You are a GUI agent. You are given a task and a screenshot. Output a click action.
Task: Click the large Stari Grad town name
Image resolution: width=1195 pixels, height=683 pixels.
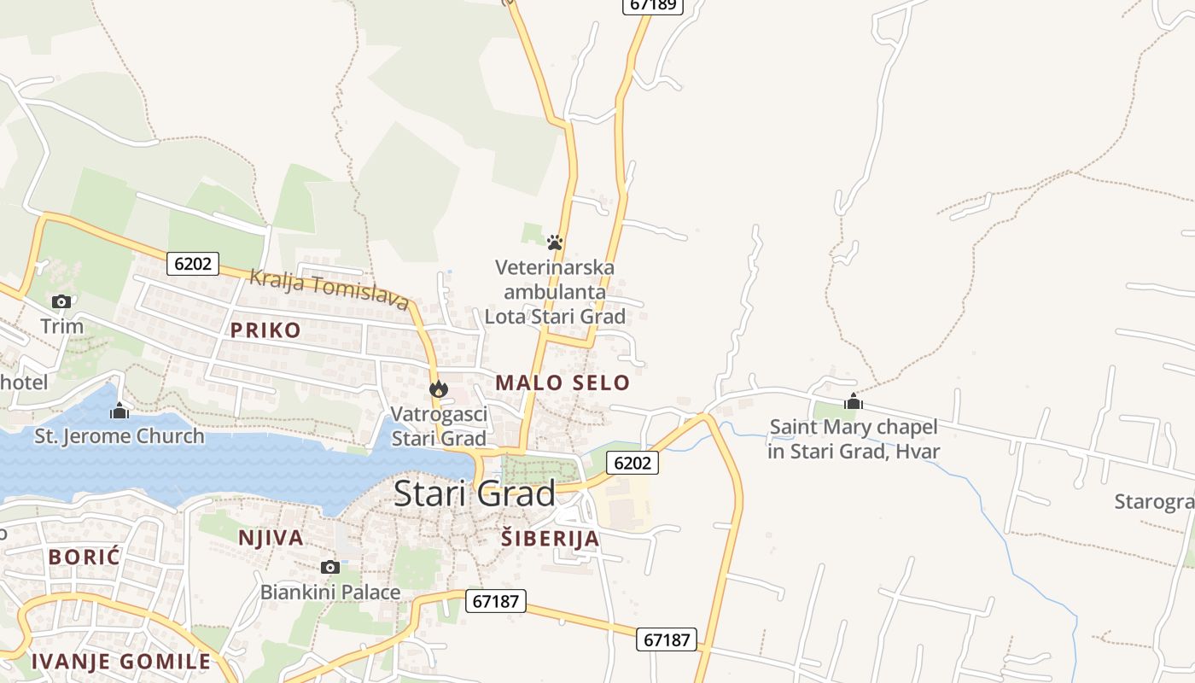475,493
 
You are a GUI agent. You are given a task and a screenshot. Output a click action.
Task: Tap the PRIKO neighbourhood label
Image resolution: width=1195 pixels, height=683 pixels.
265,330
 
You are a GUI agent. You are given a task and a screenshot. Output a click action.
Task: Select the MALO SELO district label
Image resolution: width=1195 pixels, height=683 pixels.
563,382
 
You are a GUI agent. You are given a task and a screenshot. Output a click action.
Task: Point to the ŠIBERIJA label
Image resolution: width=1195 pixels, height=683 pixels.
550,539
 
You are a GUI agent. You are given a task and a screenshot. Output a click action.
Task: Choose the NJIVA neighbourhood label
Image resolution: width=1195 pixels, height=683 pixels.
271,538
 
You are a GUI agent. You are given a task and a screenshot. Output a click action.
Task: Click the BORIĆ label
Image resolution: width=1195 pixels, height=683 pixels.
85,557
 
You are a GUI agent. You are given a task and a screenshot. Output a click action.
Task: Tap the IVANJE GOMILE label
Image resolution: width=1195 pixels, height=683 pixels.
120,661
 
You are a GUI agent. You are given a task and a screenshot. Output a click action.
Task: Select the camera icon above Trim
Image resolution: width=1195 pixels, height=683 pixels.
61,301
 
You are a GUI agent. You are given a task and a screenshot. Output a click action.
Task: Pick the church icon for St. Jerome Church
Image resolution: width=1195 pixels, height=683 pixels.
119,412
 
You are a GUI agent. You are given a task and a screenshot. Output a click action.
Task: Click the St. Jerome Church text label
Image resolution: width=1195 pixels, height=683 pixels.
119,436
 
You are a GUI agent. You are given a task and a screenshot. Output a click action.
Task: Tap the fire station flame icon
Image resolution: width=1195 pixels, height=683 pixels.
439,389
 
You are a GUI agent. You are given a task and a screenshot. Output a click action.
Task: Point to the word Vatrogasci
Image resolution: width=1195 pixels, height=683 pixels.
439,415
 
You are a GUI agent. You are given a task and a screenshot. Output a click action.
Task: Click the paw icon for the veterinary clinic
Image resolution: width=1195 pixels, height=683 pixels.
555,242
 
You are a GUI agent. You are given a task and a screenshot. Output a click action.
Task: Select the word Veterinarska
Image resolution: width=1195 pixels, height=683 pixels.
555,267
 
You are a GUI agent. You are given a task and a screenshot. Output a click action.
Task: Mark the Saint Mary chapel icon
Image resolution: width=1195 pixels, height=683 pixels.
854,401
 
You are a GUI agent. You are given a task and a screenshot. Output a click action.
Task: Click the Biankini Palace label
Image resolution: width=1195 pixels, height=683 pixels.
330,592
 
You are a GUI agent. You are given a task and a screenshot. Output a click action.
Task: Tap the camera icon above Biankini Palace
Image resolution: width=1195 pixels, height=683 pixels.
330,567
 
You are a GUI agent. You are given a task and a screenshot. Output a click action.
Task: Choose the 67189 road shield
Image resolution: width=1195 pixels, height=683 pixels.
652,4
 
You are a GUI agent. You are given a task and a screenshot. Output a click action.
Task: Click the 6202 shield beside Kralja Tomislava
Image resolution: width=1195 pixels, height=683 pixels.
192,263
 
